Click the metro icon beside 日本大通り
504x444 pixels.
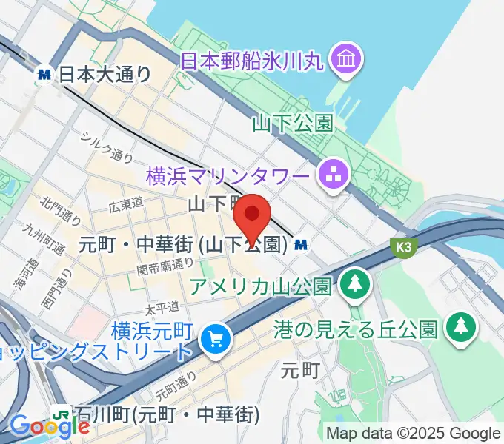[46, 74]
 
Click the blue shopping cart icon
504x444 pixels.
[216, 340]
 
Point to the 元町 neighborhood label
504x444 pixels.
[301, 370]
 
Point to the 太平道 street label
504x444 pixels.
[163, 305]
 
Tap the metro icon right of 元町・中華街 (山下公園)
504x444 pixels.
[302, 243]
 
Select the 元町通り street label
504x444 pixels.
[176, 385]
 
